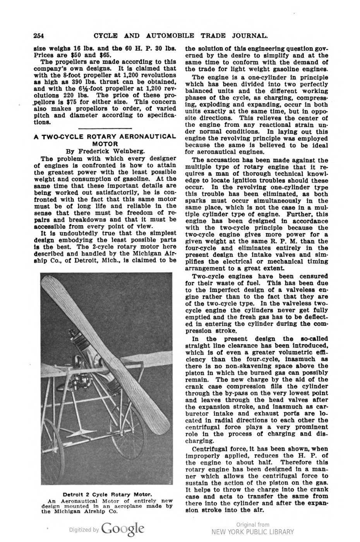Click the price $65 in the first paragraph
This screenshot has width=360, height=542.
click(x=98, y=55)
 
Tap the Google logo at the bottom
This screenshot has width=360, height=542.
click(x=123, y=529)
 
